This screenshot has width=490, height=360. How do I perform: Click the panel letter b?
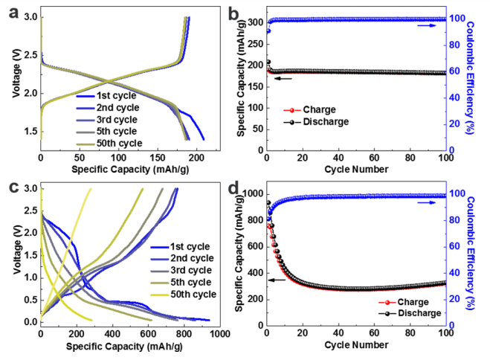pos(254,10)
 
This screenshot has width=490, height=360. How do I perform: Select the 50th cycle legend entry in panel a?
pos(118,143)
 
